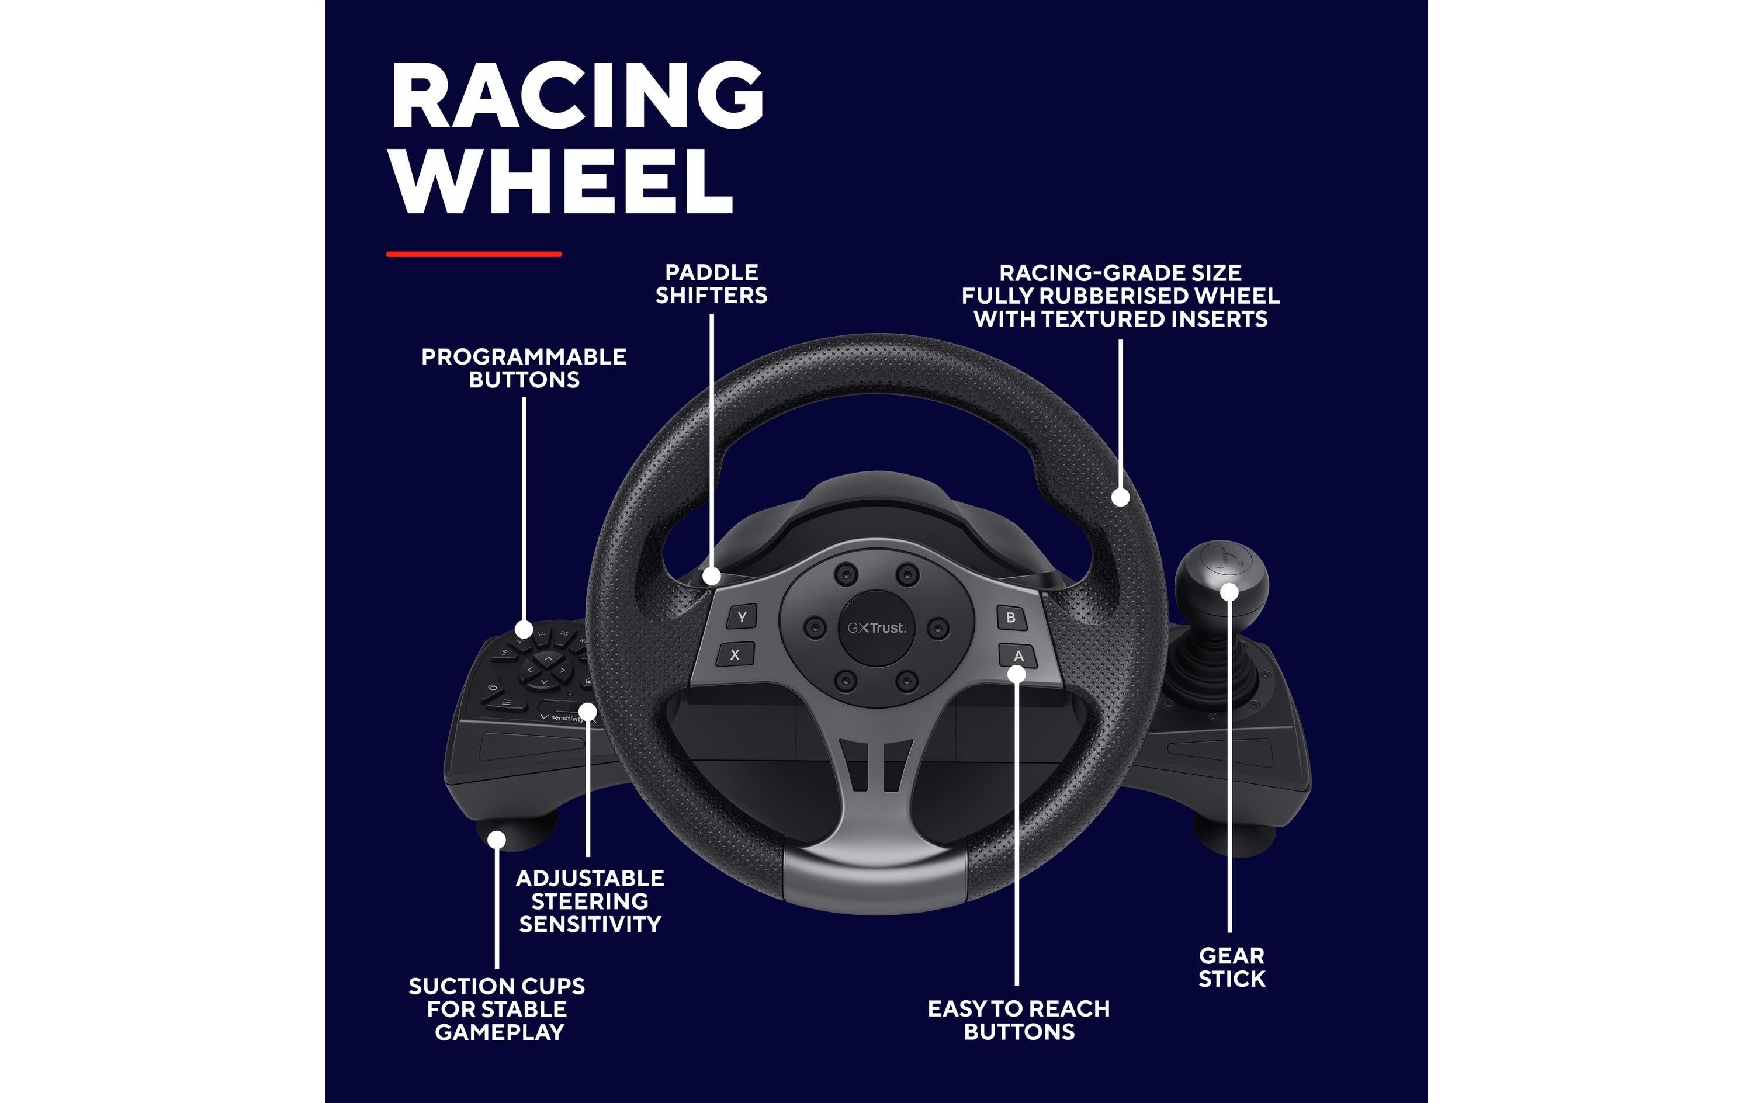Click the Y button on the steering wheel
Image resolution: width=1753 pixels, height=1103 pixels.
[742, 618]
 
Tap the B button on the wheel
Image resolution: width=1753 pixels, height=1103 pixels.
[1010, 618]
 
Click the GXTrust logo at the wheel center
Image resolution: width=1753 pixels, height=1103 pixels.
[877, 627]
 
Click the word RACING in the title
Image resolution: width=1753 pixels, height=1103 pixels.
[577, 95]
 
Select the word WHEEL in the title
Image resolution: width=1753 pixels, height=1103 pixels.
[562, 181]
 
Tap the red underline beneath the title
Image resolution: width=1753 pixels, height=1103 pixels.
[474, 254]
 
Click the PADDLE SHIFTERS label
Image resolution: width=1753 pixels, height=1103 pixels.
[711, 284]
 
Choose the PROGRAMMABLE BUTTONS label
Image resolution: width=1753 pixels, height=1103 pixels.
[524, 369]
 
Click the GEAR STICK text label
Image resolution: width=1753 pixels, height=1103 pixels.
[1232, 967]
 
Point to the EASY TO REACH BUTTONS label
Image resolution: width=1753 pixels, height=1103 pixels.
[1018, 1020]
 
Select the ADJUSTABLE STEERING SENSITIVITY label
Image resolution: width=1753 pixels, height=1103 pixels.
[590, 901]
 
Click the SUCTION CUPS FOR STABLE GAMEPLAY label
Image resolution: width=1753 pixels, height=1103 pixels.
[497, 1009]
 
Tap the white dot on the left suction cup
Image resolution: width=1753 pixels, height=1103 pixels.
[497, 840]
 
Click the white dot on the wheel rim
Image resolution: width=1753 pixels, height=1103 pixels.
[1120, 497]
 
